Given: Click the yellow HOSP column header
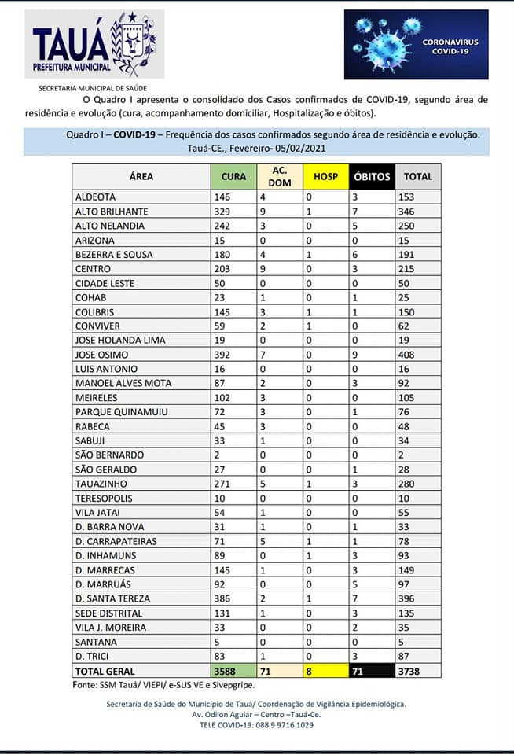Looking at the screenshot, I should point(325,176).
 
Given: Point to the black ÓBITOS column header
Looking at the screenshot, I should point(371,176).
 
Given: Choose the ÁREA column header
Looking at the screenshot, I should point(141,176).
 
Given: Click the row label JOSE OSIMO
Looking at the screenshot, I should point(98,355).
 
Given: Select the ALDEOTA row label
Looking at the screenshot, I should point(94,197).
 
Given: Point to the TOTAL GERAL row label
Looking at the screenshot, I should point(105,671).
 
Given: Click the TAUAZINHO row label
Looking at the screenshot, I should point(100,484).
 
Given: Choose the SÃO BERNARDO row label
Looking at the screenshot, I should point(109,455).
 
